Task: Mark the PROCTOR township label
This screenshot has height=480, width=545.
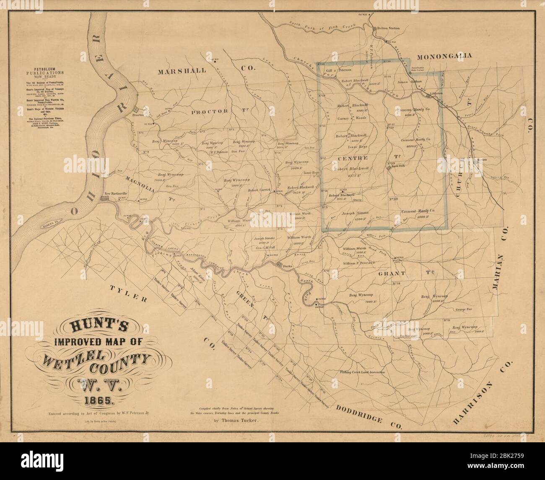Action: click(x=209, y=111)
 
